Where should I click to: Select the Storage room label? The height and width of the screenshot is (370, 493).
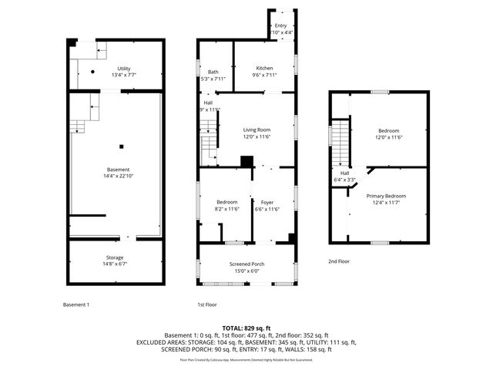pos(115,257)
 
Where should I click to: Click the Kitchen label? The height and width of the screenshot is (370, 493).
pos(265,69)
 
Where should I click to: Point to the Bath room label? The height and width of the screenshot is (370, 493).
pos(213,72)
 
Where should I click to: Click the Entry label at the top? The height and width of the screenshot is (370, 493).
pos(280,25)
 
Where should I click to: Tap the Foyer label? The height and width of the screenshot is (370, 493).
pos(267,202)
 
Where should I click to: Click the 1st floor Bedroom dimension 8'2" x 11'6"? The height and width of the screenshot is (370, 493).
pos(226,209)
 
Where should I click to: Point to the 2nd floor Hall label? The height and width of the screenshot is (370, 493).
pos(344,173)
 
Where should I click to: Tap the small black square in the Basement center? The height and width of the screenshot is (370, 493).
pos(121,147)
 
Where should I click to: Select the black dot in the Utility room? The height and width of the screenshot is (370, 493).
pos(92,72)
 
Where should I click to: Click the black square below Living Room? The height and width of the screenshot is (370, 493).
pos(246,161)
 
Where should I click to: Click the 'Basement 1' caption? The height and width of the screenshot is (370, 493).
pos(76,304)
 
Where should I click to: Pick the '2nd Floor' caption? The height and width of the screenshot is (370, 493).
pos(339,261)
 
